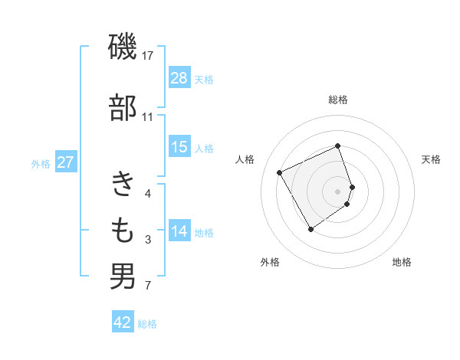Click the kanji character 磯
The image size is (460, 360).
point(123,48)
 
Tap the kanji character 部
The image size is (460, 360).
point(123,107)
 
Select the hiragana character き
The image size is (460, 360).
point(123,185)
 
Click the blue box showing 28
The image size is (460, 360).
point(179,78)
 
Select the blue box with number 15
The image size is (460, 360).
point(179,147)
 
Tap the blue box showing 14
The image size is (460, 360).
point(179,232)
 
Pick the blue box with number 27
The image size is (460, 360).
point(66,162)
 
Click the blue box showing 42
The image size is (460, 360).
point(123,322)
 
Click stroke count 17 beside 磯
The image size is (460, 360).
point(148,56)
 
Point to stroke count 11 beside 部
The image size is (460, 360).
point(147,117)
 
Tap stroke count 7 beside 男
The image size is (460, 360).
point(147,286)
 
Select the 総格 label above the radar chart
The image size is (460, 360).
point(338,100)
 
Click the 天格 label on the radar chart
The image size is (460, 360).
point(431,159)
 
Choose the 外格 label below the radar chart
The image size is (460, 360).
point(270,262)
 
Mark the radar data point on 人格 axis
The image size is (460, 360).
point(280,172)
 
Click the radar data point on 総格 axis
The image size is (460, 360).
point(338,146)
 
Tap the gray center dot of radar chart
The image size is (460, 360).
point(338,191)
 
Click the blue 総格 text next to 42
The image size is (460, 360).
point(147,324)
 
